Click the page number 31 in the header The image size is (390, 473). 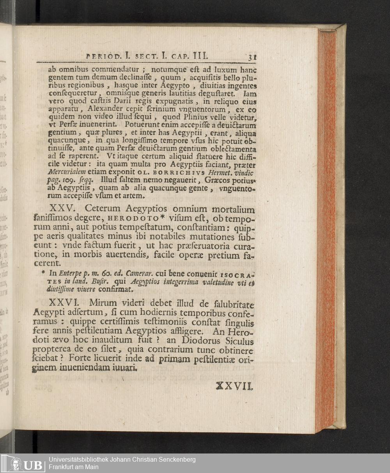(252, 56)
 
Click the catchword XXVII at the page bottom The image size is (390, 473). (235, 386)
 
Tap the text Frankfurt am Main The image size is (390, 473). (74, 467)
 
